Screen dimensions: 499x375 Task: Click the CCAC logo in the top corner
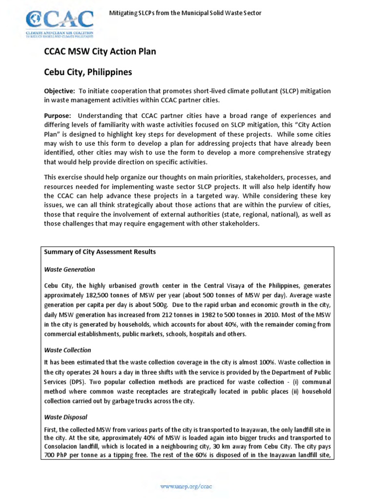tap(60, 22)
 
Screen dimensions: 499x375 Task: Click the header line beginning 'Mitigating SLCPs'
tap(185, 13)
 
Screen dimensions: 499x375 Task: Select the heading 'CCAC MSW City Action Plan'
tap(100, 51)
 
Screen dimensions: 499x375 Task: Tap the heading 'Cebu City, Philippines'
tap(88, 72)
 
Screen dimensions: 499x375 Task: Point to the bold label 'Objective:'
tap(60, 91)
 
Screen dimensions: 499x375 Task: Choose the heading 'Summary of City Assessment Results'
tap(100, 252)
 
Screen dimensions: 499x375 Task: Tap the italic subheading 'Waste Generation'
tap(70, 269)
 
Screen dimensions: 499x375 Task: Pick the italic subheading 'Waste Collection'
tap(68, 350)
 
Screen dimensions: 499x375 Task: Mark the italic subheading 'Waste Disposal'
tap(66, 417)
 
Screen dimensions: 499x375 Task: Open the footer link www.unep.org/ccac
tap(187, 486)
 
